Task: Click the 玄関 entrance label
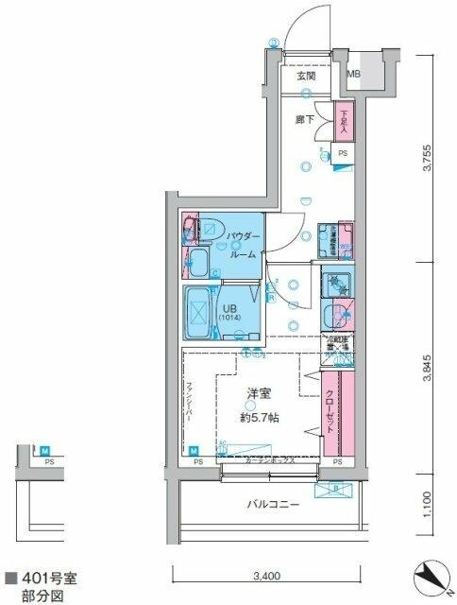tap(304, 77)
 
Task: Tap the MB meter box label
tap(353, 75)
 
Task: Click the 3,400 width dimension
tap(266, 575)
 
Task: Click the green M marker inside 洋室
tap(195, 451)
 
